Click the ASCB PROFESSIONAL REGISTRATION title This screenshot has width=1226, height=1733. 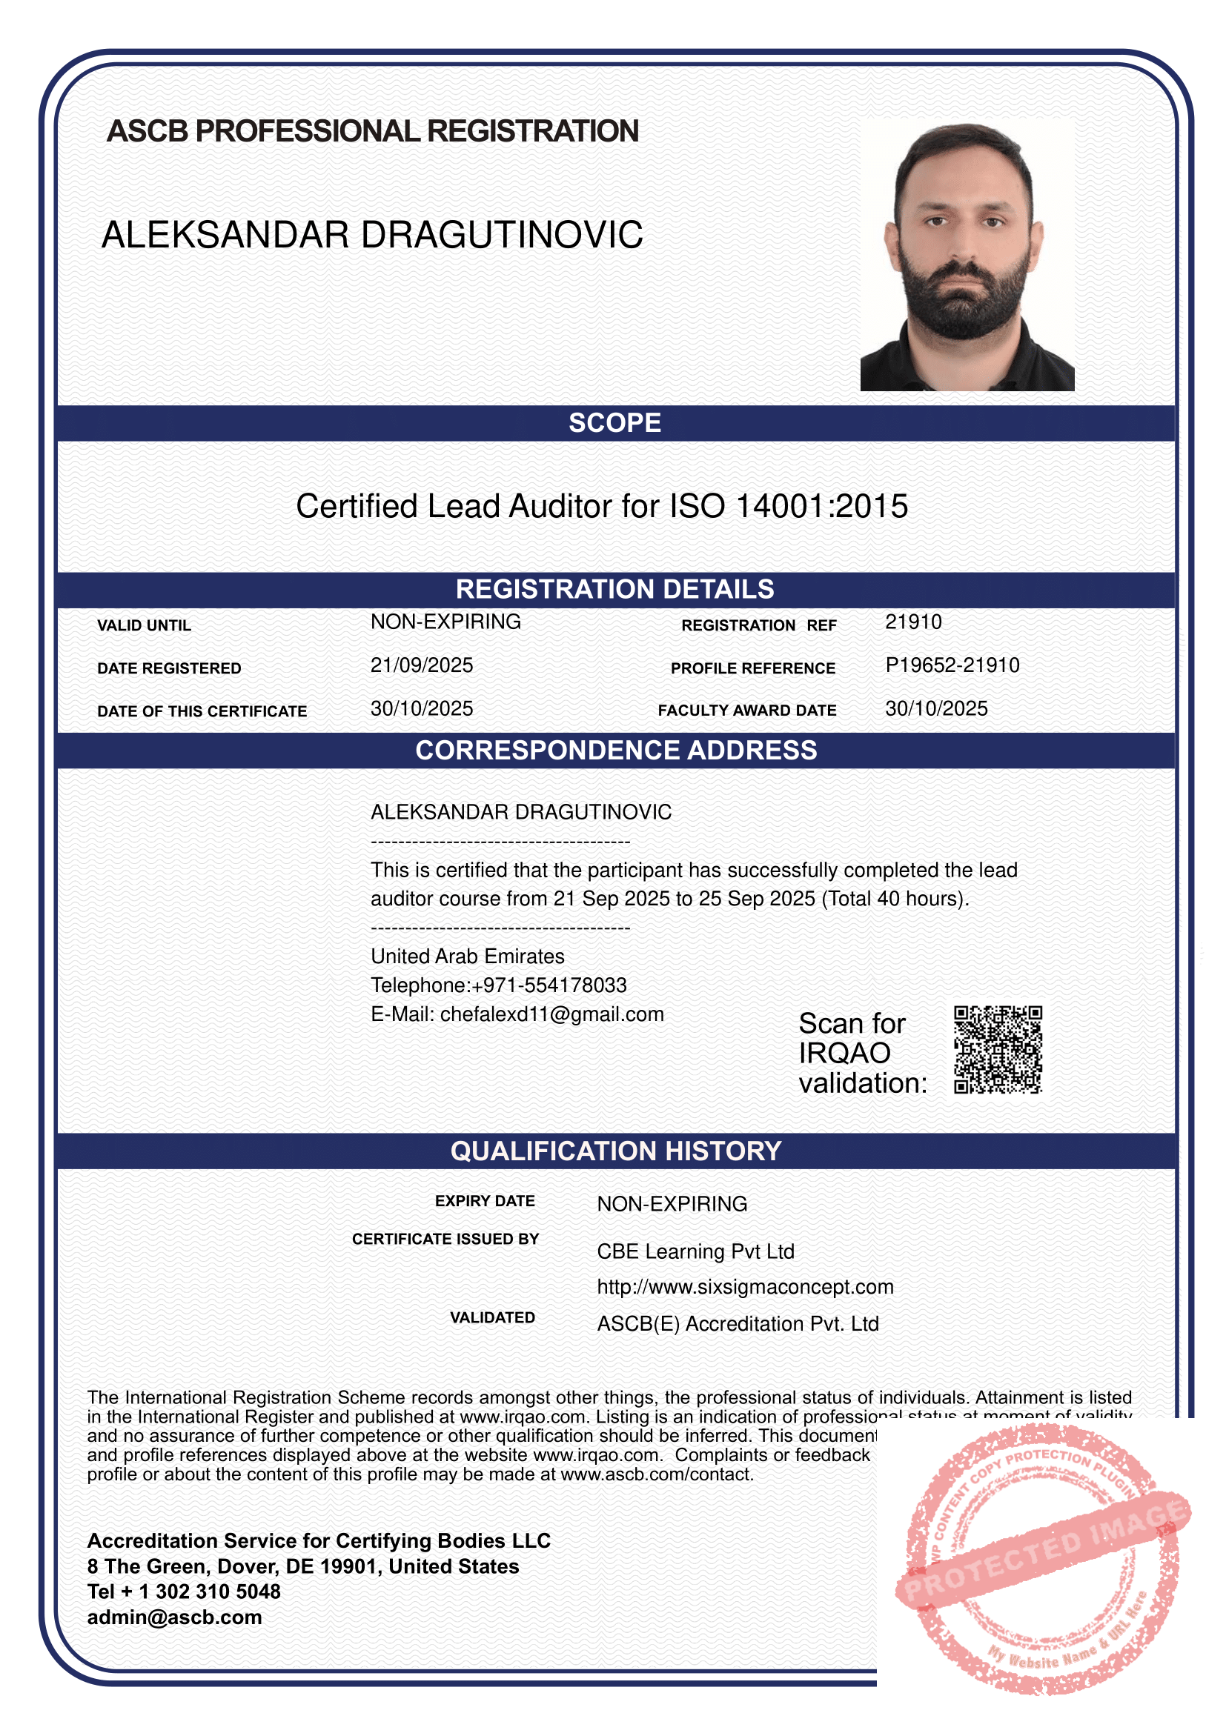pos(372,131)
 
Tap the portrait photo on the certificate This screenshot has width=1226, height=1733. pos(967,255)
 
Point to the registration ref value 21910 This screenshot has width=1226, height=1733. pos(912,622)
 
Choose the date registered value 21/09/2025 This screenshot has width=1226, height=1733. pos(421,666)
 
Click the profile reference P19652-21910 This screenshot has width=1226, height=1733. pos(952,666)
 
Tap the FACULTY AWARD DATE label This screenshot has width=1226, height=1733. pos(746,711)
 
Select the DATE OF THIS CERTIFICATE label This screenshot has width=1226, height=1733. pos(202,712)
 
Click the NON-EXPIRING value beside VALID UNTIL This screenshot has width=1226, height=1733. pos(445,622)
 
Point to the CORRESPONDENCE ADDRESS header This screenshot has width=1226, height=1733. pos(616,751)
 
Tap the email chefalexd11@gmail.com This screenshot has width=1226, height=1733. pos(552,1014)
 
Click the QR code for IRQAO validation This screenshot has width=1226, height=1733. pos(997,1050)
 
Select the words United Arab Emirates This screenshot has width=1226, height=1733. pos(467,957)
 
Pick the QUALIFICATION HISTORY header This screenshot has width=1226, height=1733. pos(616,1152)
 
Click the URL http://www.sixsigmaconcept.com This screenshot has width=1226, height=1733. pos(745,1287)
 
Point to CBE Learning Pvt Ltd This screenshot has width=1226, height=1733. pos(695,1252)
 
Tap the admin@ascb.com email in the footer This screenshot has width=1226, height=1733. pos(174,1618)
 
